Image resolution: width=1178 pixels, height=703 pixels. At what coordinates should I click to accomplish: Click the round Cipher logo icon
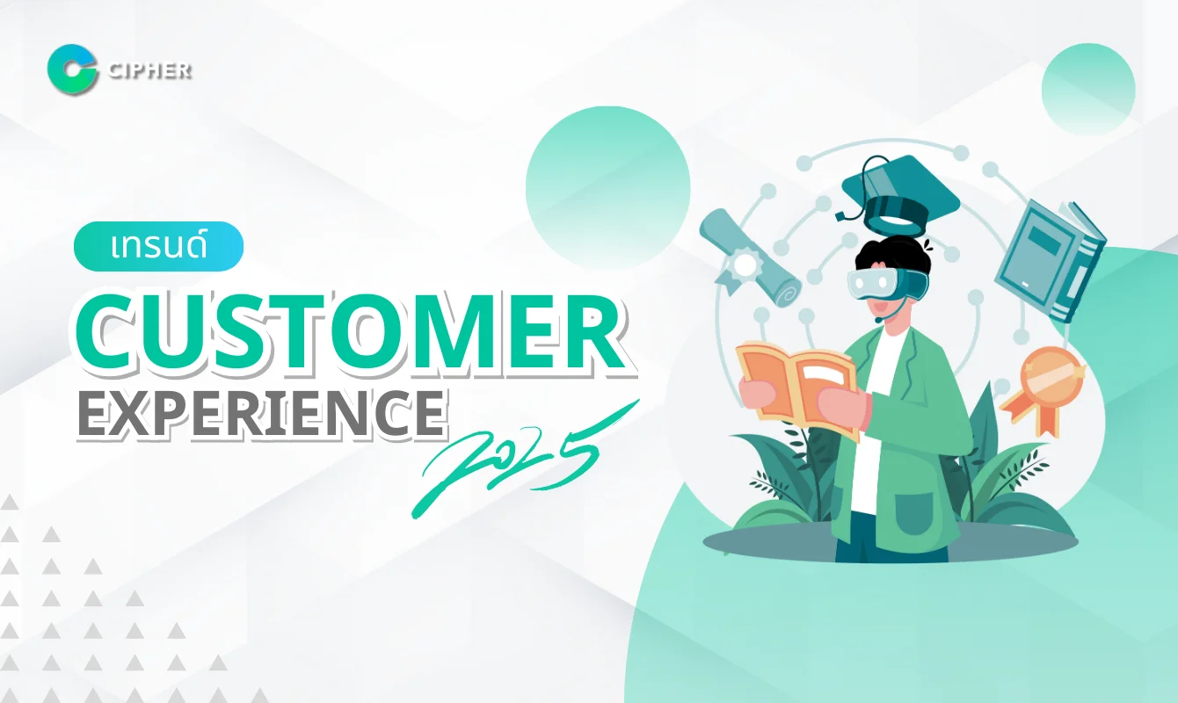[x=72, y=68]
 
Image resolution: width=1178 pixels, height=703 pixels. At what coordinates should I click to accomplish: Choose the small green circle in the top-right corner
[x=1087, y=89]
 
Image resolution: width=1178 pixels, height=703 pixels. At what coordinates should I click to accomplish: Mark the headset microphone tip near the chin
[x=878, y=320]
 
